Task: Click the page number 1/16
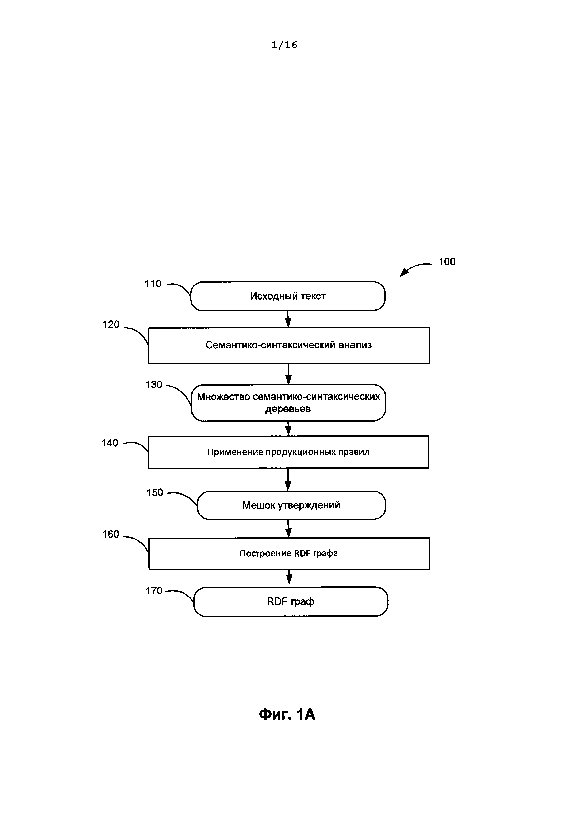coord(284,45)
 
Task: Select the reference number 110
coord(153,284)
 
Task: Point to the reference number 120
coord(111,324)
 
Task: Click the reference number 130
coord(154,385)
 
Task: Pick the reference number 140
coord(110,443)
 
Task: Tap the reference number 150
coord(155,493)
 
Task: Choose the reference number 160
coord(111,534)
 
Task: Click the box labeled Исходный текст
coord(288,296)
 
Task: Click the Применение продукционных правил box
coord(288,452)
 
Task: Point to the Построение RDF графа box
coord(289,553)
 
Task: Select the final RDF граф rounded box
coord(291,601)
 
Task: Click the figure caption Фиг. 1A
coord(287,715)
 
